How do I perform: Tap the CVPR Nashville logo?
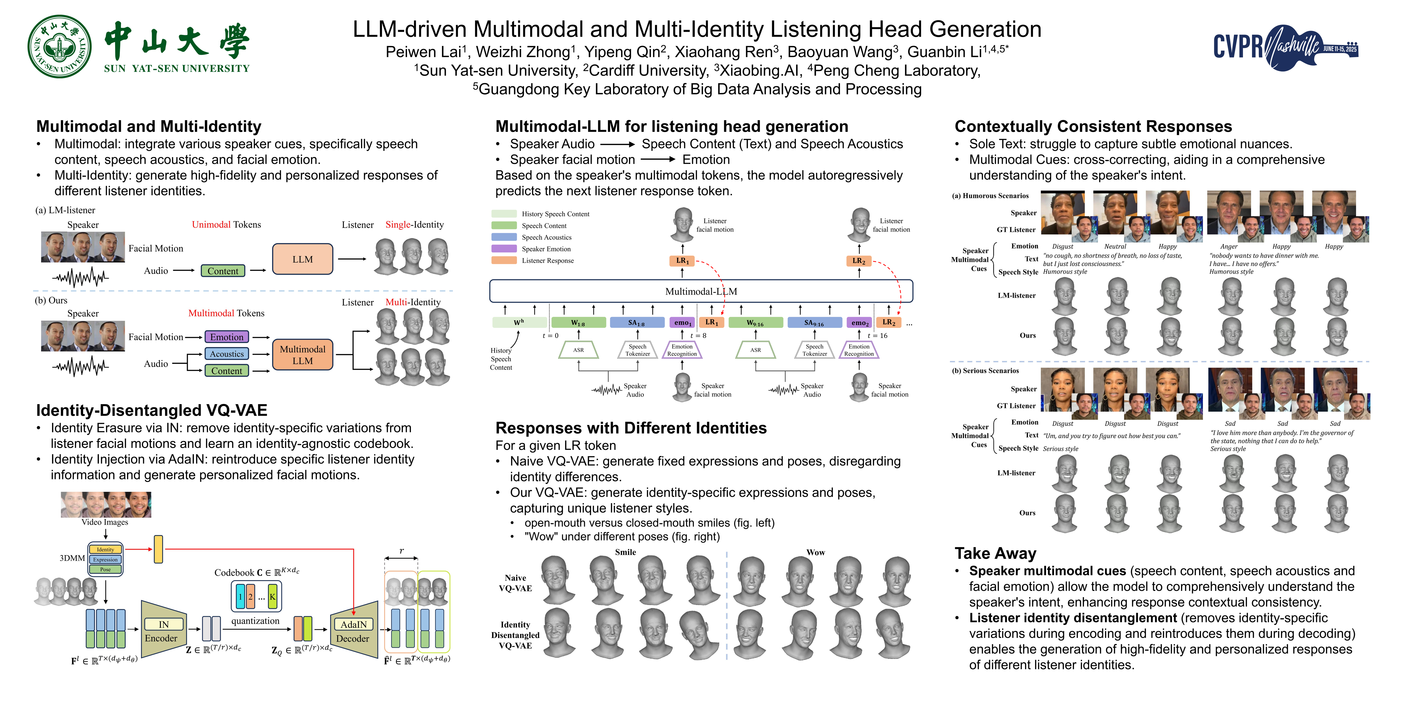(1285, 47)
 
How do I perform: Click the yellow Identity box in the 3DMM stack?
(106, 549)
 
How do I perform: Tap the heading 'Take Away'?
(995, 553)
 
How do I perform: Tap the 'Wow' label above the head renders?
(815, 552)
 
